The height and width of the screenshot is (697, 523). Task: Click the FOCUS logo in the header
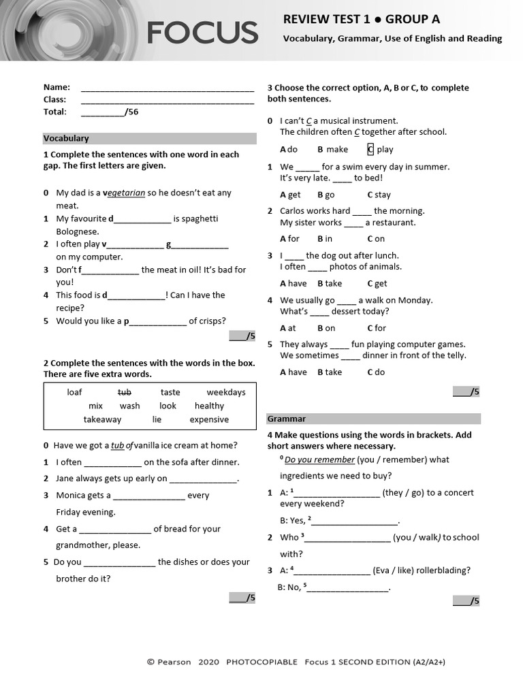coord(202,33)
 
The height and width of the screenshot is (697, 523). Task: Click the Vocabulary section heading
coord(67,138)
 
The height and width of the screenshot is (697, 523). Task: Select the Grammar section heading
coord(287,419)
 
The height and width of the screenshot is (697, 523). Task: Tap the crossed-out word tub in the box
coord(124,392)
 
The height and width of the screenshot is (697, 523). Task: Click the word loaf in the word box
coord(74,392)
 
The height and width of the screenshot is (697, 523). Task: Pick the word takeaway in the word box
coord(102,419)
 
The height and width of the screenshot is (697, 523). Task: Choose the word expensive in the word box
coord(209,419)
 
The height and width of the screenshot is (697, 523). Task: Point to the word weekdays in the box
coord(226,392)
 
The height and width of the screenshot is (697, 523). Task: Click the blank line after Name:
coord(167,88)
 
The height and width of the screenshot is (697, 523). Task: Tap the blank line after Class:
coord(167,100)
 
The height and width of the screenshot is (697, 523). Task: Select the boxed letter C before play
coord(370,150)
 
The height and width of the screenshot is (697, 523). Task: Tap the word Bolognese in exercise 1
coord(78,231)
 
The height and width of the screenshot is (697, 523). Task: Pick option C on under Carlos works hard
coord(376,239)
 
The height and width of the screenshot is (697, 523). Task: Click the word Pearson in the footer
coord(174,662)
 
